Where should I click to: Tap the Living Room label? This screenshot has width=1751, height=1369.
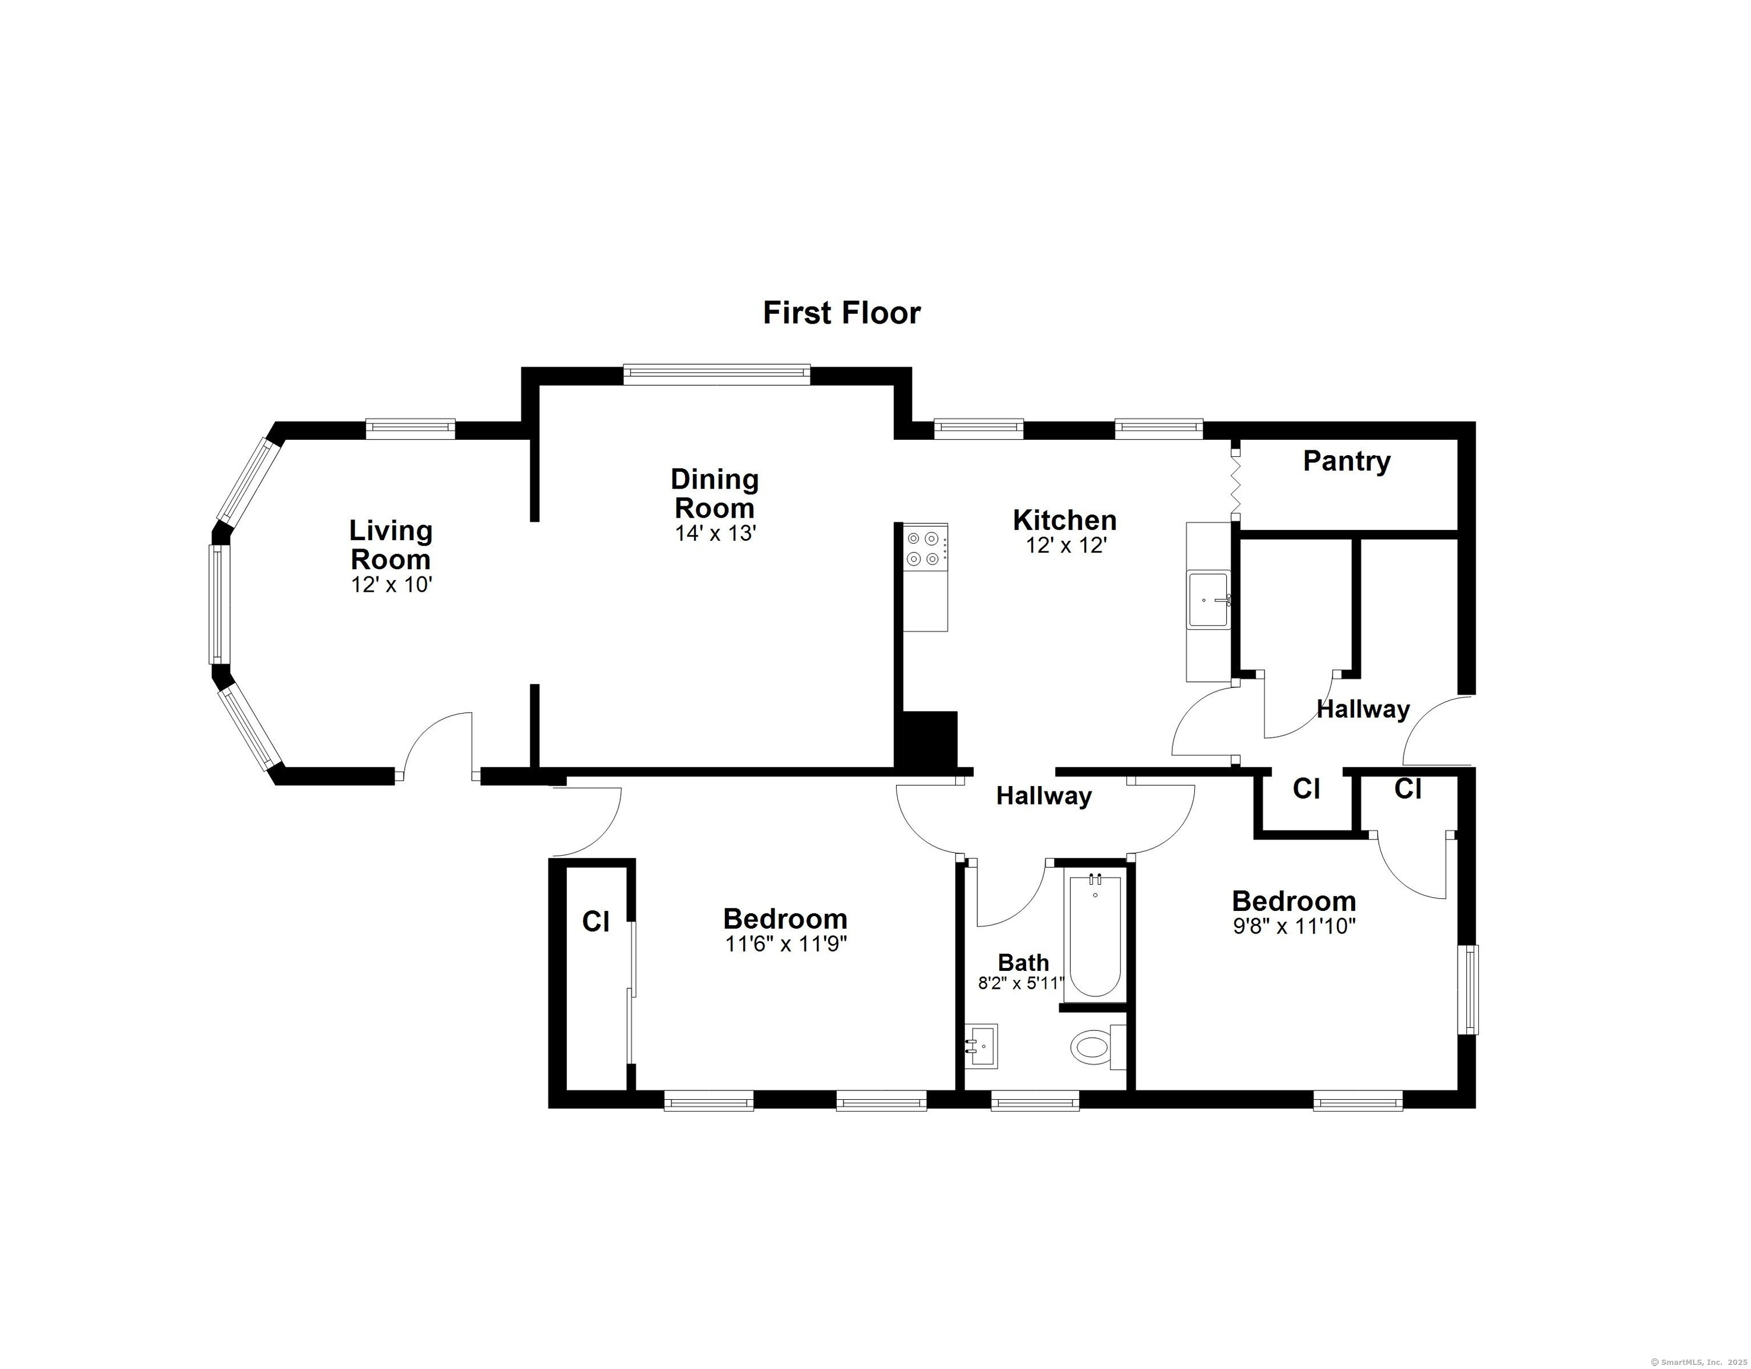(x=390, y=544)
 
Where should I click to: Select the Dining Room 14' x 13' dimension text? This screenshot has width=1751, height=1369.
(x=715, y=534)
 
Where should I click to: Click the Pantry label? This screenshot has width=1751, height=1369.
(x=1346, y=461)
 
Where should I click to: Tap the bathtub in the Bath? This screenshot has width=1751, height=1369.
(x=1094, y=935)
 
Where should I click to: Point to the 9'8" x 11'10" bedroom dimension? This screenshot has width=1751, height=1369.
(x=1294, y=926)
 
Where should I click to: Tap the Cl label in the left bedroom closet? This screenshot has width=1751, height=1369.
(x=596, y=922)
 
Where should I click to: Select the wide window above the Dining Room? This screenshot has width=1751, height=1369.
(x=717, y=374)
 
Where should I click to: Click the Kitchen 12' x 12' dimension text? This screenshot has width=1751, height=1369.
(x=1067, y=546)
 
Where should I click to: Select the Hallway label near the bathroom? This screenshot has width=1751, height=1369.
(x=1044, y=796)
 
